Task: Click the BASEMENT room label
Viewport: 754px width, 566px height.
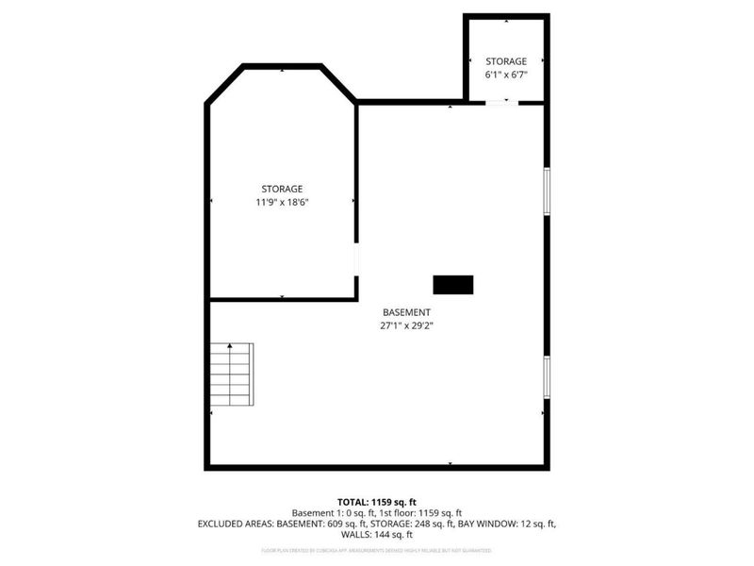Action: pos(406,312)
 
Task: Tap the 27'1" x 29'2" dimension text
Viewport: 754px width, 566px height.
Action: pos(406,325)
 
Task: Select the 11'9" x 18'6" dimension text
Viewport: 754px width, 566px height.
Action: pos(282,202)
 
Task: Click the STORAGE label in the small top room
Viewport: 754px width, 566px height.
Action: pos(506,61)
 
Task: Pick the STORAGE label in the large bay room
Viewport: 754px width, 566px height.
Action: pos(282,189)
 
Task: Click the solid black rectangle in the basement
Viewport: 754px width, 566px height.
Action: pos(452,284)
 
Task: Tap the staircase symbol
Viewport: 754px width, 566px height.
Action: pos(232,375)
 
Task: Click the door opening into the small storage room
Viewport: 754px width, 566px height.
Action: pos(501,103)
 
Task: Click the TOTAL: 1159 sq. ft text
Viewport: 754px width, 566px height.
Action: pos(376,501)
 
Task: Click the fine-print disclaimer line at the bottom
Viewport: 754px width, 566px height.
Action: pos(376,549)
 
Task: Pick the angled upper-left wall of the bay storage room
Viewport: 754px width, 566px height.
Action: pos(225,83)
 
